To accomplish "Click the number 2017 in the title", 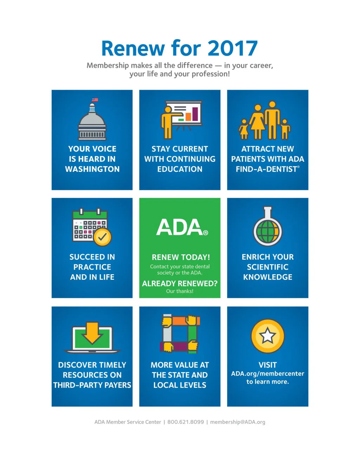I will point(232,49).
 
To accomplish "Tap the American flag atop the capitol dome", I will point(95,100).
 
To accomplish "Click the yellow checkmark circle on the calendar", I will point(102,237).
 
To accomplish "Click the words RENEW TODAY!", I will point(181,257).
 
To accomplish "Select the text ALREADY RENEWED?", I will point(180,283).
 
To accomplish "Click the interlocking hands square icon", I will point(180,333).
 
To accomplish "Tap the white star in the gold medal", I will point(268,336).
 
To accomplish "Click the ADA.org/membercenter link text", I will point(268,374).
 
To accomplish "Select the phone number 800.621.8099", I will point(185,422).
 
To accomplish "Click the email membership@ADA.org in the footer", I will point(238,422).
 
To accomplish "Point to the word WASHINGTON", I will point(92,169).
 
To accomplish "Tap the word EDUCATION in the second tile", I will point(180,169).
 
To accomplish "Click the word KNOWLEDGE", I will point(268,277).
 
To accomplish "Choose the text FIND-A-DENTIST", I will point(266,169).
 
